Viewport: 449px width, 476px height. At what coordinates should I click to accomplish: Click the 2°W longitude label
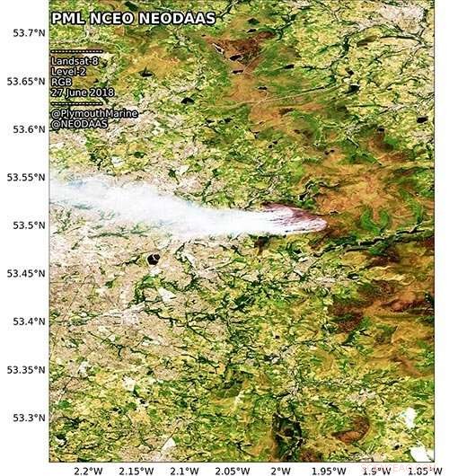279,470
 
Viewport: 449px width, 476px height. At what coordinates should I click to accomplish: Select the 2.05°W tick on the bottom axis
231,470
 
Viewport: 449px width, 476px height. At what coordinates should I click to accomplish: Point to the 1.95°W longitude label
327,470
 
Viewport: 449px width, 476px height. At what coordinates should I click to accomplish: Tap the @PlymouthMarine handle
90,114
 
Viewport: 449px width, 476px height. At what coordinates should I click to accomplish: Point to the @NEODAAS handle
78,125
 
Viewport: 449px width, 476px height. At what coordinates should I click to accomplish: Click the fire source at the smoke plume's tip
320,221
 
